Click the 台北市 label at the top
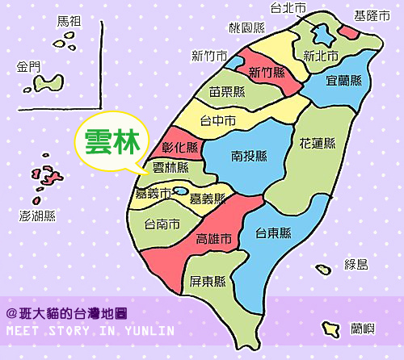coord(288,8)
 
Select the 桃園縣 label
coord(246,27)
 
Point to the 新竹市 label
coord(208,56)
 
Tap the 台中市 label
coord(218,122)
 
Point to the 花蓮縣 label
coord(317,144)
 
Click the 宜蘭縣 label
coord(343,81)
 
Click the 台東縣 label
coord(273,233)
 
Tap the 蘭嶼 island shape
coord(330,329)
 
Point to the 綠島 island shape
coord(323,269)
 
